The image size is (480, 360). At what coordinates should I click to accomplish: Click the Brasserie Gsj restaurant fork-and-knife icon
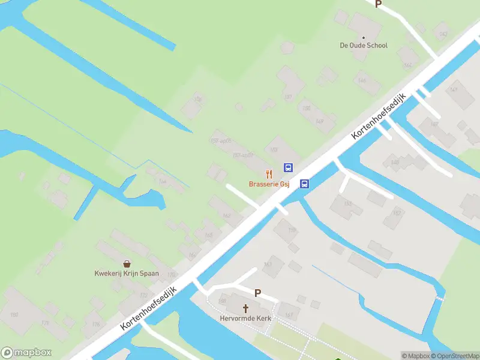click(x=270, y=174)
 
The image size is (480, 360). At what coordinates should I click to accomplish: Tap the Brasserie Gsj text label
click(x=269, y=184)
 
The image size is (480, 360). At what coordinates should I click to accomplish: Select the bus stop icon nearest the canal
click(x=305, y=184)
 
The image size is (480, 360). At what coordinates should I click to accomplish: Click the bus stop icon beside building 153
click(x=288, y=168)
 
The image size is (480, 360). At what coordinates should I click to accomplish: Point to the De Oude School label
click(x=364, y=46)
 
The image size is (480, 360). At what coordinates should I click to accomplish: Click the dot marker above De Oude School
click(x=364, y=37)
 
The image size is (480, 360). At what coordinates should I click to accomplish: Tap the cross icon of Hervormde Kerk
click(x=245, y=308)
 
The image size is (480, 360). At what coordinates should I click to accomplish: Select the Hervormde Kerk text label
click(x=245, y=318)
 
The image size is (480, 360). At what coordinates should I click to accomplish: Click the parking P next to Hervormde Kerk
click(x=258, y=293)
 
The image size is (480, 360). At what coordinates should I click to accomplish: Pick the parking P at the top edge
click(x=378, y=4)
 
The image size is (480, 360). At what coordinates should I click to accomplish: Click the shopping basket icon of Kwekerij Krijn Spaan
click(x=127, y=263)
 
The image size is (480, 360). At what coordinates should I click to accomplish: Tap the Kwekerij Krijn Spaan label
click(x=127, y=274)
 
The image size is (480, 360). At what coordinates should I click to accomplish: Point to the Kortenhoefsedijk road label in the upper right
click(x=379, y=117)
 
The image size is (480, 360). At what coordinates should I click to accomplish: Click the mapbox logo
click(x=26, y=353)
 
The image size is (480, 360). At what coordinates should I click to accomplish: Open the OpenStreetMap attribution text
click(x=454, y=356)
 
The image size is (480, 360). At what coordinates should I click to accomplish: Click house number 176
click(x=95, y=324)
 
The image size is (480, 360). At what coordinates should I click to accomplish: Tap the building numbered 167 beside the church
click(x=289, y=314)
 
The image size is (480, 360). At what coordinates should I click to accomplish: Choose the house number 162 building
click(x=226, y=216)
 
